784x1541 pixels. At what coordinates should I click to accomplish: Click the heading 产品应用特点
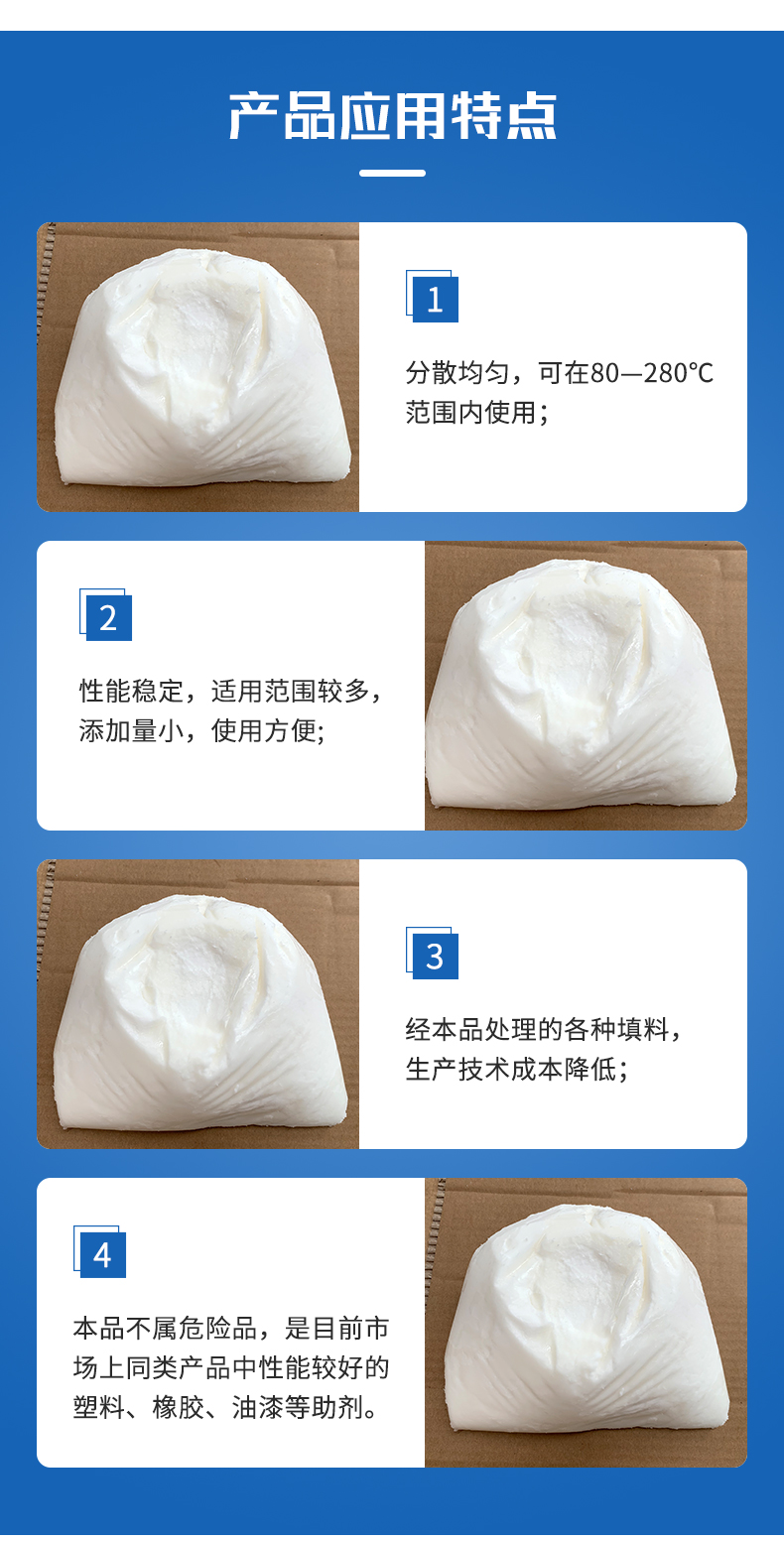coord(392,116)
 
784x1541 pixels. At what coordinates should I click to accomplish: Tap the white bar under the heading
coord(392,174)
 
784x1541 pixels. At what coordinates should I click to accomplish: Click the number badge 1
coord(433,297)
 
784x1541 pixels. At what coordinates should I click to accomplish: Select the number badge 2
coord(106,615)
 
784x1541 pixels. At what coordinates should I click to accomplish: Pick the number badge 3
coord(433,954)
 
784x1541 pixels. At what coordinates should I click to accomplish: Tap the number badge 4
coord(100,1252)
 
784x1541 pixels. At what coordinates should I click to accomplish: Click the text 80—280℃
coord(652,373)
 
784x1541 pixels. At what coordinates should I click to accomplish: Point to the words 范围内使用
coord(470,413)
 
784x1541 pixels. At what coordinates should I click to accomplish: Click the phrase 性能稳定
coord(131,691)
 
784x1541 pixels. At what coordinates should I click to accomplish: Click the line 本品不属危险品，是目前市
coord(231,1329)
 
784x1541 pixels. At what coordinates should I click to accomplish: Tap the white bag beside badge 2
coord(581,685)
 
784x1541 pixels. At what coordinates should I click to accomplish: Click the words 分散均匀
coord(457,373)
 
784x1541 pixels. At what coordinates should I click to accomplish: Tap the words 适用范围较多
coord(290,691)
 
